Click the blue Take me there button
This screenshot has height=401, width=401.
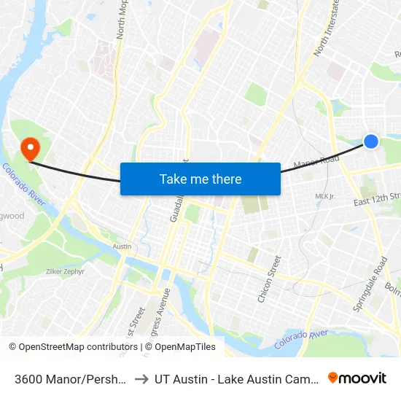click(200, 179)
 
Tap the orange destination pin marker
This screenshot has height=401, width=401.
click(30, 149)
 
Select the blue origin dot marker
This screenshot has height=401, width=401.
click(371, 141)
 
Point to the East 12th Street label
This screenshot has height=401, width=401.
click(378, 198)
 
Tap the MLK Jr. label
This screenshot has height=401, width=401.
click(324, 196)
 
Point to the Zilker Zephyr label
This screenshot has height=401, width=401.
click(65, 271)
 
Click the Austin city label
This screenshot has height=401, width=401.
click(122, 246)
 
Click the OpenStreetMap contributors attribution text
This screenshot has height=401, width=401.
click(73, 347)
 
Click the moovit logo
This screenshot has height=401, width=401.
click(357, 378)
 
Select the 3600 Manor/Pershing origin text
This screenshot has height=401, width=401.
click(71, 378)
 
